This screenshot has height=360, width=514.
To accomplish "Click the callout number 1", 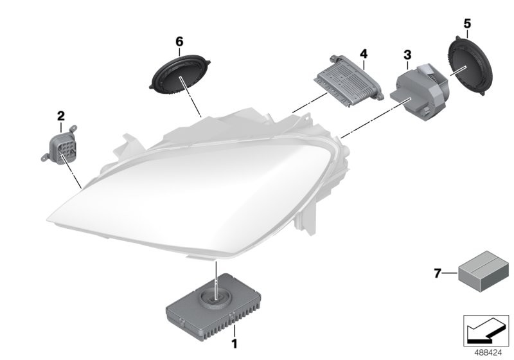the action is [234, 344].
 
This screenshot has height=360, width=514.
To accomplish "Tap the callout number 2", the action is [61, 116].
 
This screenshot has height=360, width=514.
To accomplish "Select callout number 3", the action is [407, 55].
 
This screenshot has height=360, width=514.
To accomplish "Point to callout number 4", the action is [364, 53].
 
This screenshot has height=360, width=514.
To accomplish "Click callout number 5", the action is [467, 24].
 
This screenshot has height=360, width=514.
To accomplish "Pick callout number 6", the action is [179, 42].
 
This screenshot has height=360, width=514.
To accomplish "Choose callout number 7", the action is [438, 273].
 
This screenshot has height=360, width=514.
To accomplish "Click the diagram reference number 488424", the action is [488, 353].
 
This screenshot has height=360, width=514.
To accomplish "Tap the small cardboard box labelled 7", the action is [484, 271].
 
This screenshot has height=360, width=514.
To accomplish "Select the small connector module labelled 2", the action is [59, 146].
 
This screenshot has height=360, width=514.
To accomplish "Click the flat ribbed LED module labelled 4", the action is [349, 80].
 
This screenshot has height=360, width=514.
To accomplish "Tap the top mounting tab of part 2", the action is [73, 128].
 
